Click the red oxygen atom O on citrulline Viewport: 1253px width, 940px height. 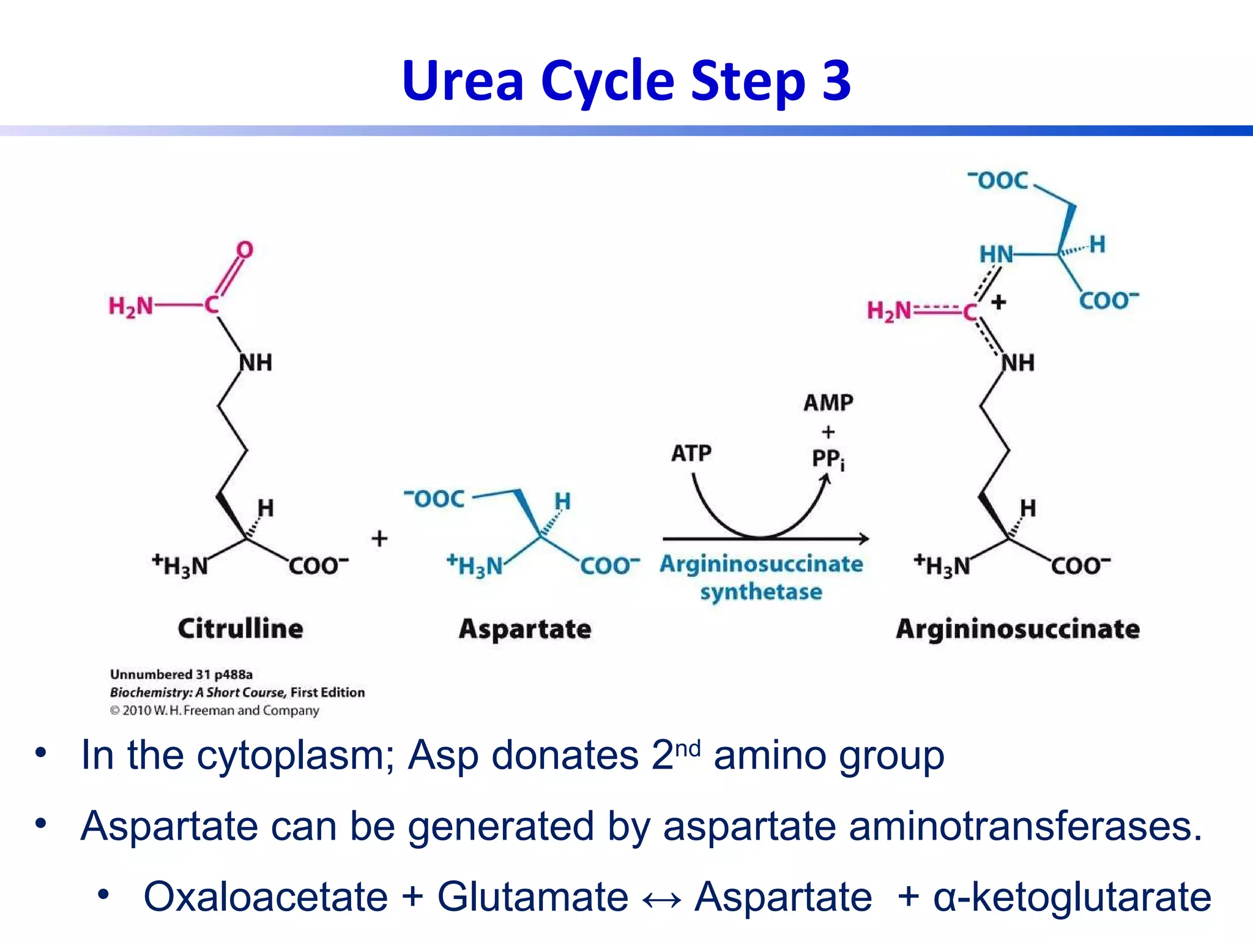(245, 250)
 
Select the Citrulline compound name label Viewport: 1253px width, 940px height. (240, 629)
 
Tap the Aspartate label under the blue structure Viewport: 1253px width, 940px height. (525, 629)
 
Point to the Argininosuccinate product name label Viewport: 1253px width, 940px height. (1017, 629)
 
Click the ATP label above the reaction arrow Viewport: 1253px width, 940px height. (691, 453)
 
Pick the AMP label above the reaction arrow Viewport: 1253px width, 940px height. (828, 403)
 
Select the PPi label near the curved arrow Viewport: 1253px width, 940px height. (828, 459)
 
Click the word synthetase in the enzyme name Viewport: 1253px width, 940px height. (761, 592)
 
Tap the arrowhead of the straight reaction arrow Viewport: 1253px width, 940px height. (863, 539)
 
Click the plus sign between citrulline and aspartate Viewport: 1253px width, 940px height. (379, 539)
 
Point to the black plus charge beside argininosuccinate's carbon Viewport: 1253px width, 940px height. (998, 302)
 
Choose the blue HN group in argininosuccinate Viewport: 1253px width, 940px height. (996, 255)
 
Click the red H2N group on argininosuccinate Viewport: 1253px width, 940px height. (889, 311)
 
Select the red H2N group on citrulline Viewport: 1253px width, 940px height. (131, 306)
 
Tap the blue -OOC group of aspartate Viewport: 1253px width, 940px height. (435, 499)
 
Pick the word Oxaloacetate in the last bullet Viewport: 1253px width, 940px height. (266, 897)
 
